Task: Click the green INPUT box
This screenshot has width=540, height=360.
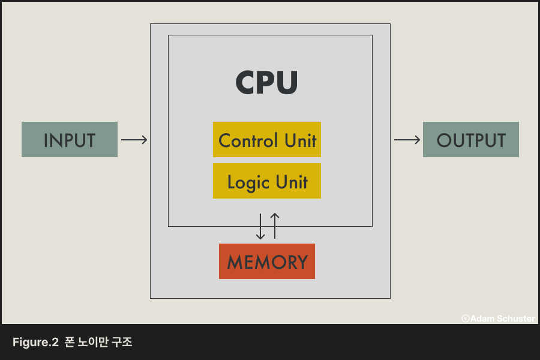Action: tap(70, 140)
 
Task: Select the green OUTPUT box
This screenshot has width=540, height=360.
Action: tap(471, 140)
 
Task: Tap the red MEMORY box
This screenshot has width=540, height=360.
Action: tap(267, 262)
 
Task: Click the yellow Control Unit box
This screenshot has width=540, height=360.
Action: tap(267, 140)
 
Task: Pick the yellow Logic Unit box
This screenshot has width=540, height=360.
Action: tap(267, 181)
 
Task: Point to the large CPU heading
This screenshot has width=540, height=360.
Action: tap(267, 83)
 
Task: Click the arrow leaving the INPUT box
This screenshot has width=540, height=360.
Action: tap(134, 140)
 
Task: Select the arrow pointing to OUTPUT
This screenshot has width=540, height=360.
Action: tap(407, 140)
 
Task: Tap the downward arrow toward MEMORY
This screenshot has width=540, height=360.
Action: tap(260, 226)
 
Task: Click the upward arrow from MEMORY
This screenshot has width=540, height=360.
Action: tap(275, 226)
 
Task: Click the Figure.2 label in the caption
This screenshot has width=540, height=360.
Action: tap(35, 343)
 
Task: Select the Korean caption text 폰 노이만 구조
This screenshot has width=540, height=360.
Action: tap(98, 343)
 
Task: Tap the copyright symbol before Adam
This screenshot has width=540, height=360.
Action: tap(466, 319)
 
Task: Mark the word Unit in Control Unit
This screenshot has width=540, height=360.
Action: tap(299, 140)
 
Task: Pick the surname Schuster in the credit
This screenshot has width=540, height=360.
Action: tap(515, 319)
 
